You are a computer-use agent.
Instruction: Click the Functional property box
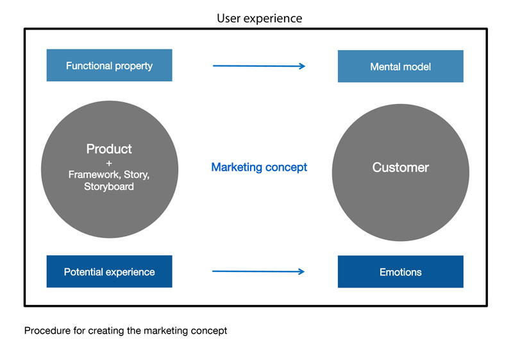109,65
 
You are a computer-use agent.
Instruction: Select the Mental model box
400,66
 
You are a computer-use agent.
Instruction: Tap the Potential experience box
109,271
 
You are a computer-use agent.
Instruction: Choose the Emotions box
400,271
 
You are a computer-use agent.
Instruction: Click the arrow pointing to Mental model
259,66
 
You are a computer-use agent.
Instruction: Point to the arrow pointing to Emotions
258,271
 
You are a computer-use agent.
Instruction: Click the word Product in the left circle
109,149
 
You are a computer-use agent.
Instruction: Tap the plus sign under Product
109,163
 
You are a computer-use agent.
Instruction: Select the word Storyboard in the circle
109,187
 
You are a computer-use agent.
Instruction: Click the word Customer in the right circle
400,167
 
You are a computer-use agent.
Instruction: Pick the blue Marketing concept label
259,167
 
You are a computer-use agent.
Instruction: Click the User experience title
260,19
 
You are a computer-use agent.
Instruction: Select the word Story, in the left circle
137,175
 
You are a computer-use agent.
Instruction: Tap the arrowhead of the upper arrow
302,66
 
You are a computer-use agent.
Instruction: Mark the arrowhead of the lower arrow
301,271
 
